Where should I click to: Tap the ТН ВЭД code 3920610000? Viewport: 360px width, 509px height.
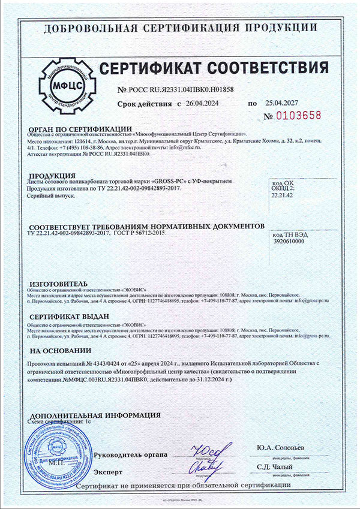pos(289,242)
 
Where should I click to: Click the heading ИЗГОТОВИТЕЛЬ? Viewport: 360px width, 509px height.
pos(58,283)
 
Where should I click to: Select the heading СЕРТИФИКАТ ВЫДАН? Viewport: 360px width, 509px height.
pos(68,316)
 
